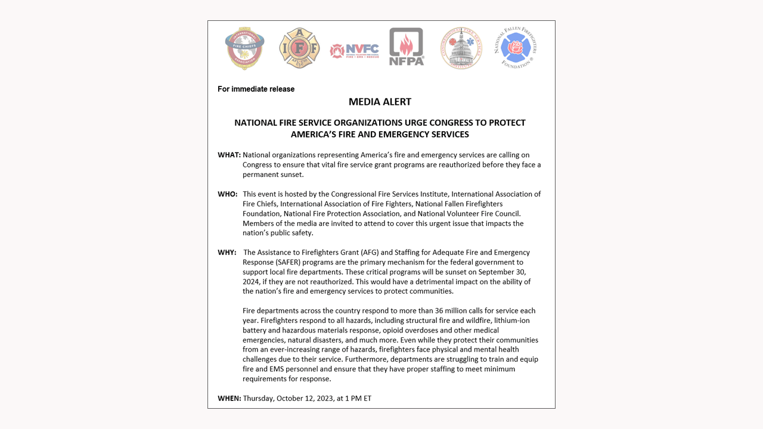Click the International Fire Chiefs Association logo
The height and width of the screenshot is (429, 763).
pyautogui.click(x=244, y=48)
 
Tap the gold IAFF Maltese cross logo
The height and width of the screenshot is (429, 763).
pyautogui.click(x=299, y=48)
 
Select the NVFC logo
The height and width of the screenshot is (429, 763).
pyautogui.click(x=354, y=51)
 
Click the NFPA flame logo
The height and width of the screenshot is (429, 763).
pyautogui.click(x=407, y=46)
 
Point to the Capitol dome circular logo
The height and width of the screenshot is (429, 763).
pyautogui.click(x=461, y=48)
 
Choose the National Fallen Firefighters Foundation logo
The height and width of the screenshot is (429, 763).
pyautogui.click(x=516, y=48)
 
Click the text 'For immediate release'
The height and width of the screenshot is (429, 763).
pyautogui.click(x=256, y=89)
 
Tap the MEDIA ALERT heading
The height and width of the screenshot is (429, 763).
pyautogui.click(x=380, y=102)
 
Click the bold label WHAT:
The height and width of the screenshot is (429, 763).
pyautogui.click(x=229, y=155)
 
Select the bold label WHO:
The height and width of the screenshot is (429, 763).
pyautogui.click(x=228, y=194)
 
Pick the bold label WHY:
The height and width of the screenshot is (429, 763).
pyautogui.click(x=227, y=253)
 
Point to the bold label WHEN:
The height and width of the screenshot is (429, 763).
pyautogui.click(x=229, y=398)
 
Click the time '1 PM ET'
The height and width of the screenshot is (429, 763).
pyautogui.click(x=358, y=398)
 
